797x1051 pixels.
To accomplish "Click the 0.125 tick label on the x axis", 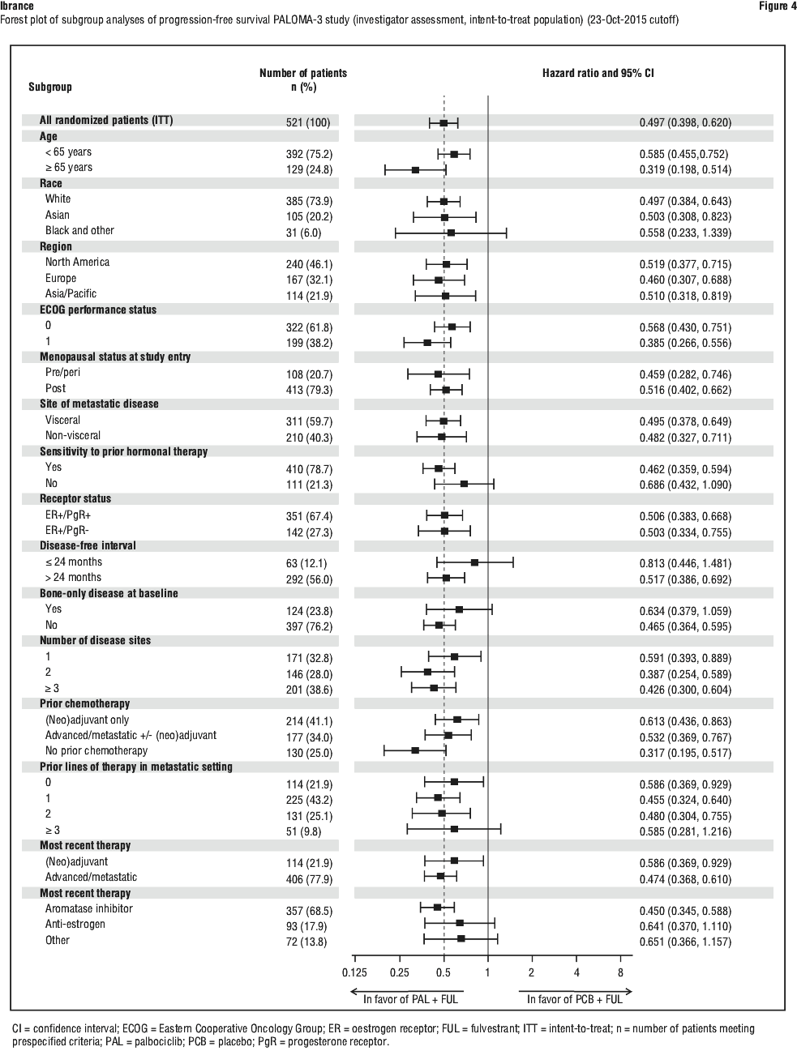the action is (x=354, y=972).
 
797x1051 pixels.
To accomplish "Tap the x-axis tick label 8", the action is (x=620, y=972).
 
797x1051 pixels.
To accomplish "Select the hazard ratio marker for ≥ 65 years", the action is (x=415, y=170).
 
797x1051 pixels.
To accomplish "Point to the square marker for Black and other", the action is (x=451, y=233).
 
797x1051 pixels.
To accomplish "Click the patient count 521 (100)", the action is (x=308, y=122).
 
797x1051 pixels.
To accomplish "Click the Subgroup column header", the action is (x=50, y=87).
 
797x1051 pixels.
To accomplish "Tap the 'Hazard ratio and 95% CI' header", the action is (x=598, y=73).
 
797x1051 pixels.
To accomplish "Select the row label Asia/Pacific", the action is (x=71, y=293).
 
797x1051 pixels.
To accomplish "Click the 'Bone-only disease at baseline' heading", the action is (x=109, y=593).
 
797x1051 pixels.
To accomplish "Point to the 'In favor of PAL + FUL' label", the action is (x=410, y=999).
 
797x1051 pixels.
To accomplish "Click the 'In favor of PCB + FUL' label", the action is (x=574, y=999).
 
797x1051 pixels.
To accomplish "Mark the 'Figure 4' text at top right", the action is (x=778, y=6).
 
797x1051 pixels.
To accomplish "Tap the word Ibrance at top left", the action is (x=17, y=6).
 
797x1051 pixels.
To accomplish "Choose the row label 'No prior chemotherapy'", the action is (x=96, y=750).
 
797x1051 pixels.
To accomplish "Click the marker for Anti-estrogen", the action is (x=460, y=923).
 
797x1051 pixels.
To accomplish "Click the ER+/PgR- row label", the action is (x=67, y=530).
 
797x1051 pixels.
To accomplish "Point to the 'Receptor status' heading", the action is (x=75, y=498).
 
